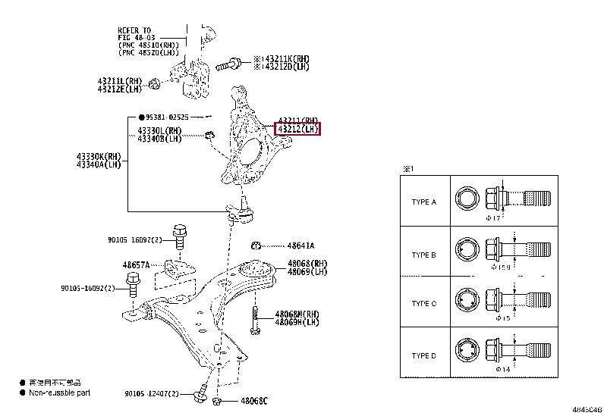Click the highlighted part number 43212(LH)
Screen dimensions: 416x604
[x=298, y=130]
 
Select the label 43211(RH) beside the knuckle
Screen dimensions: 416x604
[x=298, y=120]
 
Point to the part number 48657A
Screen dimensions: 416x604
[x=137, y=265]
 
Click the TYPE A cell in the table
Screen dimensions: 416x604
[x=423, y=202]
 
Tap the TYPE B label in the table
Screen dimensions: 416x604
[x=423, y=255]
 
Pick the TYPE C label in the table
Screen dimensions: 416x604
[x=423, y=303]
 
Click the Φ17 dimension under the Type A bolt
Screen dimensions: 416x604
[x=493, y=218]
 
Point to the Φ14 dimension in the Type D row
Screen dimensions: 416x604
[x=493, y=368]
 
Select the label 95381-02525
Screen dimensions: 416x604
[x=167, y=118]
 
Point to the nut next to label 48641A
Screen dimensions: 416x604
[x=257, y=245]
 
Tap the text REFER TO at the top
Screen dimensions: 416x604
[x=136, y=30]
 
